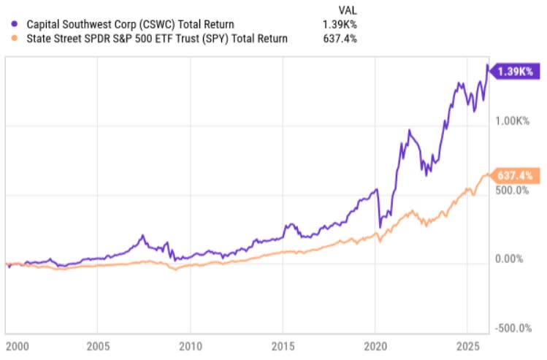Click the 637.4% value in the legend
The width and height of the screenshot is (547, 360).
click(342, 39)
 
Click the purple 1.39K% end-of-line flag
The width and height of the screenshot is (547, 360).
click(516, 72)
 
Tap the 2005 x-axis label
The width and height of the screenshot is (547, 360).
click(98, 345)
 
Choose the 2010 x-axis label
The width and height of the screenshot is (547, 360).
click(190, 345)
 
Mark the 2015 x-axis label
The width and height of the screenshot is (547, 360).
click(283, 345)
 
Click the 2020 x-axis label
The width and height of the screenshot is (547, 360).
click(375, 345)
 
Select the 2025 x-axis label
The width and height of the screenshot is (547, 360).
click(467, 345)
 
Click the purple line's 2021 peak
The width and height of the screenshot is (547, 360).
click(410, 131)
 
